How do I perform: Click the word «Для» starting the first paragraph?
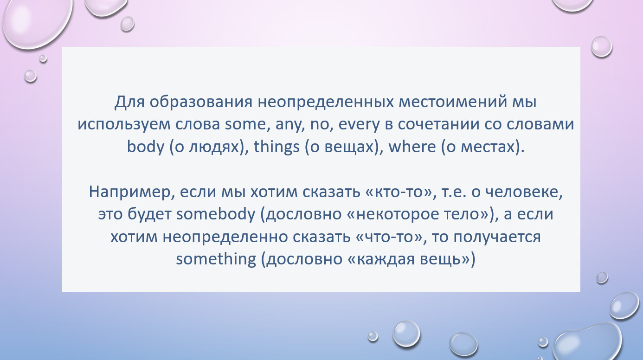(129, 102)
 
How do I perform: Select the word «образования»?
(201, 102)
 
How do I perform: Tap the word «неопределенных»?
(326, 103)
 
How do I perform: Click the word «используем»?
(124, 125)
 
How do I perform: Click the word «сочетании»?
(438, 124)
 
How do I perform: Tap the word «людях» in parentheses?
(214, 147)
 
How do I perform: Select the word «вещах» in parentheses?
(349, 147)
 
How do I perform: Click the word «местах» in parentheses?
(488, 147)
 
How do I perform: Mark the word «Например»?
(129, 192)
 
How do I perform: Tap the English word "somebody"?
(216, 214)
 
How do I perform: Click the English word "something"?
(216, 259)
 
